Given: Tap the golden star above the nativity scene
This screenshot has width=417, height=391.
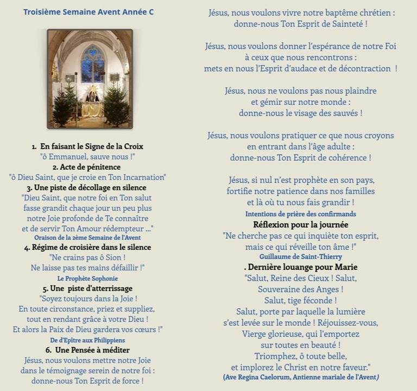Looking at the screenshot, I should tap(92, 88).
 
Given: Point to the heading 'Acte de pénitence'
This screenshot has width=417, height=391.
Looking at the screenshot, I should tap(87, 167).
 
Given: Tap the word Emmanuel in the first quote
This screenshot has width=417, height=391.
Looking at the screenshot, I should tap(70, 156).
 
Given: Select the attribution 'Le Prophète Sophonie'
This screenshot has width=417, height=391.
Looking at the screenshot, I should tap(87, 278).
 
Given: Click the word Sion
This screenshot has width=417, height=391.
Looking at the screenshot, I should tap(111, 257).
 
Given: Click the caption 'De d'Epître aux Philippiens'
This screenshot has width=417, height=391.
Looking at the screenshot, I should tap(87, 340).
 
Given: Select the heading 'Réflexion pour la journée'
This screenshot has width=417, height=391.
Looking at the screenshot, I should tap(301, 224).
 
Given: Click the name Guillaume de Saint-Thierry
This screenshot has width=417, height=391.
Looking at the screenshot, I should tap(301, 256).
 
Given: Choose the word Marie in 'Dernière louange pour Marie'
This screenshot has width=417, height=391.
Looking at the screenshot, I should tap(346, 267).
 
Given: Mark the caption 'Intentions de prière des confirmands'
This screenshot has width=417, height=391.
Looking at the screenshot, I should tap(301, 214).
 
